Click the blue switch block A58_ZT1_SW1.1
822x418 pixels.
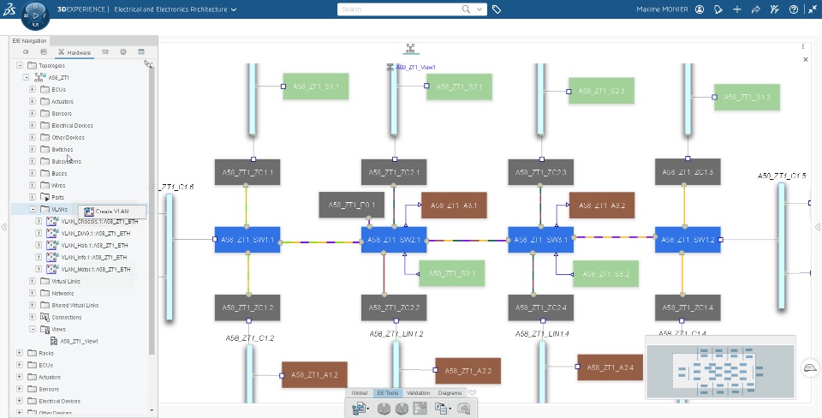(x=247, y=240)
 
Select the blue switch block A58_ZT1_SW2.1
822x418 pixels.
(x=393, y=240)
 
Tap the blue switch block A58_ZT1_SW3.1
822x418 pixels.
(x=540, y=240)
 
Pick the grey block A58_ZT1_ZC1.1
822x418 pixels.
(x=247, y=172)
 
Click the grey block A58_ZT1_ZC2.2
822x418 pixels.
(x=393, y=308)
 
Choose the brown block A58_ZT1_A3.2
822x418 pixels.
(x=601, y=206)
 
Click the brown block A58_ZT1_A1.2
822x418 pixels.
(x=313, y=374)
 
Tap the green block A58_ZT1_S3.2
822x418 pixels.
(x=605, y=274)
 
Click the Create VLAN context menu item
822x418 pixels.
(x=112, y=211)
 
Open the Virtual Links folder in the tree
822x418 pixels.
(x=66, y=281)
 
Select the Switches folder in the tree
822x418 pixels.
(x=62, y=149)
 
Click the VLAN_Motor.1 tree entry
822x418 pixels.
(x=95, y=269)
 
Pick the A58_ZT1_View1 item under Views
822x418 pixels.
(x=79, y=341)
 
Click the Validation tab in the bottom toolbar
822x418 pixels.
(x=419, y=393)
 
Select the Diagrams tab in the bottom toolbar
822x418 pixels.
(x=450, y=393)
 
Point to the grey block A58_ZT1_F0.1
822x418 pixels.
(x=351, y=206)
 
